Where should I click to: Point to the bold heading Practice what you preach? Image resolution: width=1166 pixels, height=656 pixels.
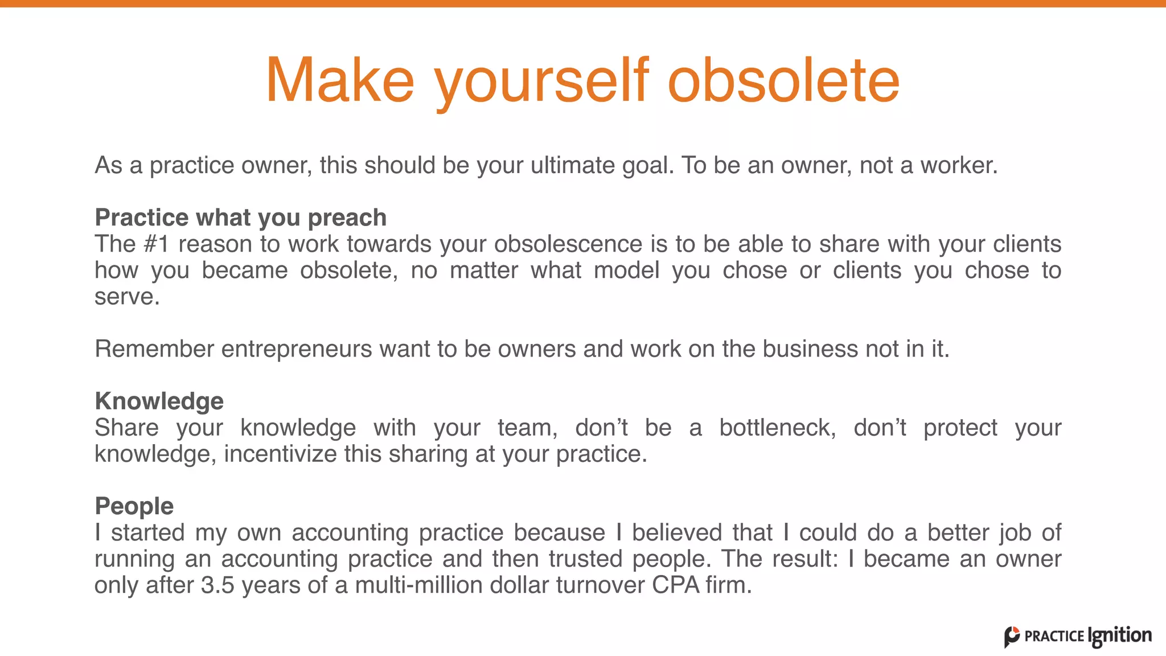click(240, 218)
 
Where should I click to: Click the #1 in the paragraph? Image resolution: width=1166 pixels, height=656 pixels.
click(157, 244)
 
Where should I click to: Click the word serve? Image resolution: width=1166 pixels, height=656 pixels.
click(126, 297)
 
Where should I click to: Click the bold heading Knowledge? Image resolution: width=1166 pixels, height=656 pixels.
click(159, 401)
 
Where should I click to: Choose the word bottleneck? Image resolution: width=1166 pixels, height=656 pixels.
click(777, 428)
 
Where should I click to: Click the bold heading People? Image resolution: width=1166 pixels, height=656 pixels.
click(134, 506)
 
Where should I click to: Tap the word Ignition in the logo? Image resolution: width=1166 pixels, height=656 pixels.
click(1119, 636)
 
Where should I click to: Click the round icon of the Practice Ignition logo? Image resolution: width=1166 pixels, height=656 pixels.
click(1012, 637)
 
